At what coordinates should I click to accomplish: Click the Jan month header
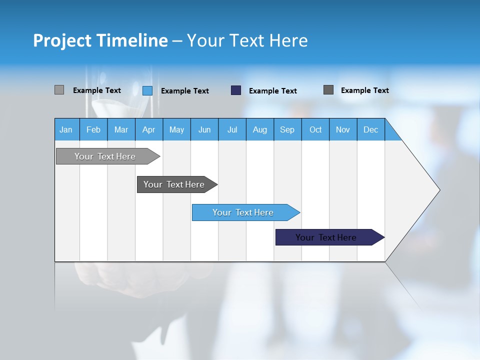tap(66, 129)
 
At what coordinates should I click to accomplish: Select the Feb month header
tap(93, 129)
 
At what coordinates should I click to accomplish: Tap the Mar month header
tap(121, 129)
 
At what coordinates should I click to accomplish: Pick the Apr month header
tap(149, 129)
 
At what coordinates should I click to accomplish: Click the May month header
tap(176, 129)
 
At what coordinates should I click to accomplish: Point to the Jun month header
tap(204, 129)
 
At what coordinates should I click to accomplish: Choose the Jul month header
tap(232, 129)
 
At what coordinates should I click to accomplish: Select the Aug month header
tap(260, 129)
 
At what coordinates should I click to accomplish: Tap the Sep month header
tap(287, 129)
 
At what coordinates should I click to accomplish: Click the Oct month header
tap(315, 129)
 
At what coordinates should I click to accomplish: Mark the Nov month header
tap(343, 129)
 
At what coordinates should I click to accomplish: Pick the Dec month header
tap(370, 129)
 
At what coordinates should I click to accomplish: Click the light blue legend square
tap(147, 90)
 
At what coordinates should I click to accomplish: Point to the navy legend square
tap(236, 90)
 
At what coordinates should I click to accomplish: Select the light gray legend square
tap(59, 90)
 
